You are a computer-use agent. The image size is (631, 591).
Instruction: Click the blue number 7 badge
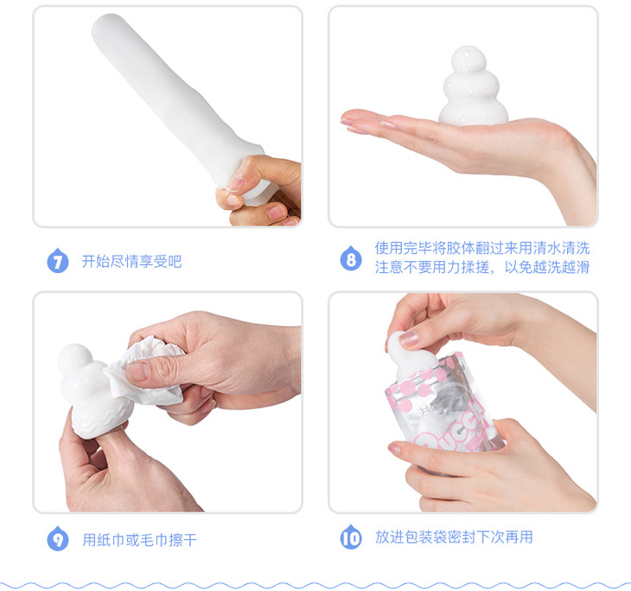pyautogui.click(x=58, y=261)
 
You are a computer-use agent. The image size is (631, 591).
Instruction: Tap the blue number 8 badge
pyautogui.click(x=351, y=258)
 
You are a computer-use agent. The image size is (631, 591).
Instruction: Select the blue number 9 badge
pyautogui.click(x=58, y=538)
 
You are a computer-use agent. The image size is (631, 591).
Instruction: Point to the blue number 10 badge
pyautogui.click(x=351, y=537)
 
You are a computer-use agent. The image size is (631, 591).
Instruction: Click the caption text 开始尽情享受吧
pyautogui.click(x=131, y=262)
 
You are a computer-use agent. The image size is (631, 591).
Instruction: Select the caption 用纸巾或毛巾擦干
pyautogui.click(x=139, y=540)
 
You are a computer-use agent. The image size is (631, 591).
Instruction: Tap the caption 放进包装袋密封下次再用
pyautogui.click(x=454, y=537)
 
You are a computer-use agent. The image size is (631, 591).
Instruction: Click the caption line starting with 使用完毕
pyautogui.click(x=482, y=248)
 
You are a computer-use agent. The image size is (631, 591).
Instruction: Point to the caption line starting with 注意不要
pyautogui.click(x=482, y=267)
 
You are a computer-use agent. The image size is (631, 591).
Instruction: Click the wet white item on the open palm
pyautogui.click(x=473, y=86)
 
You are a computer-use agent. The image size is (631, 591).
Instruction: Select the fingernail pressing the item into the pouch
pyautogui.click(x=409, y=338)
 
